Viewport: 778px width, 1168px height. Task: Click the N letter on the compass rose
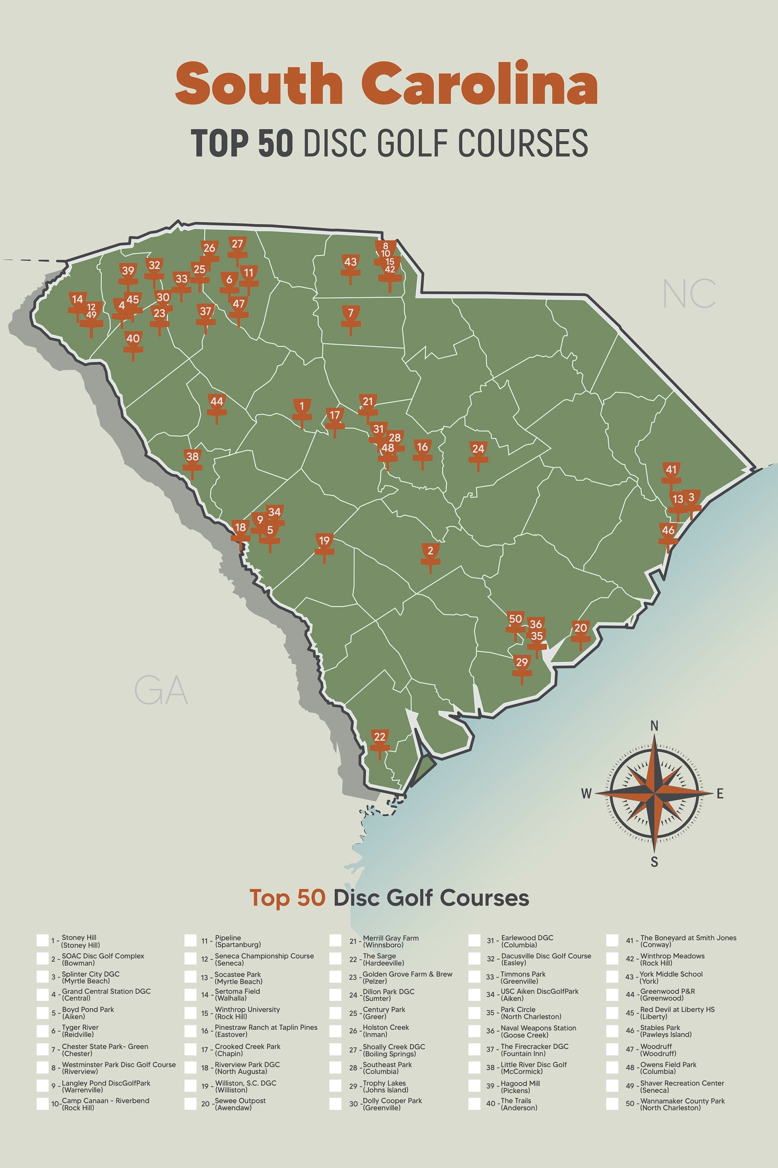(x=654, y=726)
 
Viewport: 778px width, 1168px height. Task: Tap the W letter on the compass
(x=587, y=793)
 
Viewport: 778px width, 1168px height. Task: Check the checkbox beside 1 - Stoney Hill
(x=43, y=941)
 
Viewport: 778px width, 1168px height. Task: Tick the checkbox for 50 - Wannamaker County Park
(x=612, y=1104)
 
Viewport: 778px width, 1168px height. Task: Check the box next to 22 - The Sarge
(x=335, y=959)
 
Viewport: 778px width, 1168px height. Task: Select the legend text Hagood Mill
(x=520, y=1083)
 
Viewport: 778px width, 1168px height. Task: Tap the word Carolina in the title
(x=479, y=83)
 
